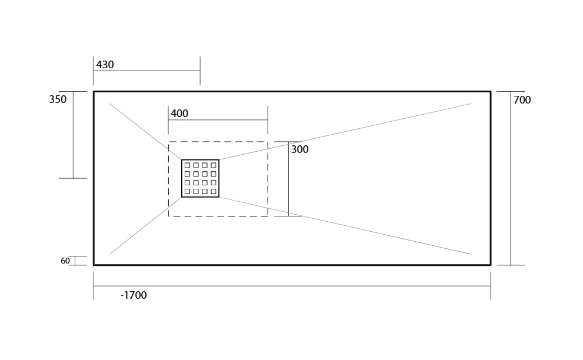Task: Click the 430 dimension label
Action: pyautogui.click(x=105, y=65)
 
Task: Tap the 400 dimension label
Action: pyautogui.click(x=179, y=114)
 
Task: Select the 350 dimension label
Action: pyautogui.click(x=58, y=99)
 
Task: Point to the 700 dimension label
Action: pyautogui.click(x=522, y=99)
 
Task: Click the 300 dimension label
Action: pyautogui.click(x=299, y=149)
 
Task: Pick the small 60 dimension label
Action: pyautogui.click(x=65, y=261)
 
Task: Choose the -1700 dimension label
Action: pyautogui.click(x=134, y=295)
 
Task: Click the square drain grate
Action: pyautogui.click(x=201, y=178)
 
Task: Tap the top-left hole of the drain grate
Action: pyautogui.click(x=188, y=165)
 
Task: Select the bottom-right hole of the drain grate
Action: pyautogui.click(x=214, y=192)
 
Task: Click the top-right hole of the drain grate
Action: pyautogui.click(x=214, y=165)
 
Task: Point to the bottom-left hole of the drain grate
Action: pyautogui.click(x=188, y=192)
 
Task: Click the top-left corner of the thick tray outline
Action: pyautogui.click(x=94, y=92)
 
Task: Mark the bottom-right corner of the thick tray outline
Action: pyautogui.click(x=491, y=265)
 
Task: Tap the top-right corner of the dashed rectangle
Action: pyautogui.click(x=268, y=142)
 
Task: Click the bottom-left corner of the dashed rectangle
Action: pyautogui.click(x=168, y=216)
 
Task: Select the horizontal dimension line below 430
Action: pyautogui.click(x=146, y=71)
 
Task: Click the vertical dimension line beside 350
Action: pyautogui.click(x=73, y=135)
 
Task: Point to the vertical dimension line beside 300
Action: pyautogui.click(x=288, y=178)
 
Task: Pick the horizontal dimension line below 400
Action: pyautogui.click(x=218, y=120)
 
